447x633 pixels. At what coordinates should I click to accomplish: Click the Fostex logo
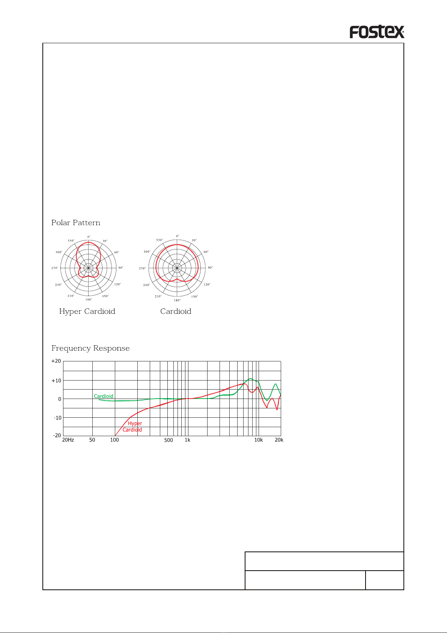[377, 32]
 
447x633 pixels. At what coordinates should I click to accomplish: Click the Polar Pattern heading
[76, 223]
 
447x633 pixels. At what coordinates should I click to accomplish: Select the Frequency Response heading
[90, 348]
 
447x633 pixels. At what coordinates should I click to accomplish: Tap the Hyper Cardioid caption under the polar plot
[87, 311]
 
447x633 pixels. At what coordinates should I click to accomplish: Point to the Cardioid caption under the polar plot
[176, 311]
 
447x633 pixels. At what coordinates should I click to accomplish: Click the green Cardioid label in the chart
[103, 396]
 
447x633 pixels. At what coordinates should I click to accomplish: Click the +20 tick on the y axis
[56, 361]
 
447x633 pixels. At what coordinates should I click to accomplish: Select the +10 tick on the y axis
[56, 381]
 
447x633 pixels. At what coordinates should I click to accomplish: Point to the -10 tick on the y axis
[57, 418]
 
